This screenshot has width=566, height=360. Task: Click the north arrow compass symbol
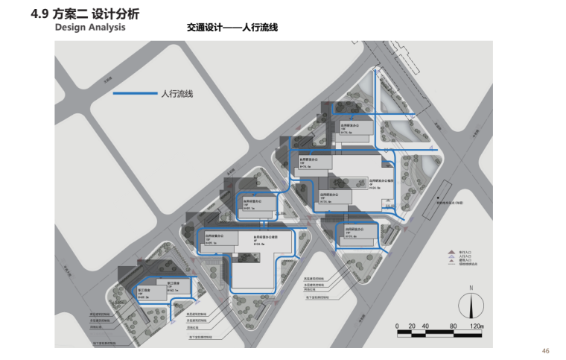point(471,306)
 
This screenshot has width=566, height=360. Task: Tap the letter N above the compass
point(471,288)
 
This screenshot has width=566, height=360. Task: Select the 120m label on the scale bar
point(477,326)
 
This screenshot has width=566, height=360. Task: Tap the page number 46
point(545,351)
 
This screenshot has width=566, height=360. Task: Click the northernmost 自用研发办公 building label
point(346,127)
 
